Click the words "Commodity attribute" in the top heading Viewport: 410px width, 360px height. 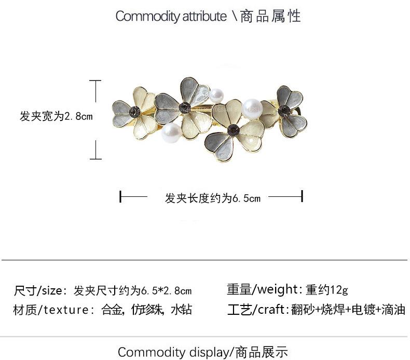point(171,16)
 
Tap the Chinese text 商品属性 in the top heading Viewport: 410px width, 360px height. point(270,16)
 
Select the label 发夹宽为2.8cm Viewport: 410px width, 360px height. point(56,116)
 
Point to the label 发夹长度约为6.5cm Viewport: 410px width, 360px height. point(212,198)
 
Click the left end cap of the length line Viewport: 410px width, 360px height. point(120,197)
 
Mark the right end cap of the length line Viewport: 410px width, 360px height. point(302,197)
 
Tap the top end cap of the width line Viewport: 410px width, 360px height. point(95,81)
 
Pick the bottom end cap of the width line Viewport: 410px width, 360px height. point(95,158)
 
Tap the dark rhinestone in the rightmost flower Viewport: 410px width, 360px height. point(284,110)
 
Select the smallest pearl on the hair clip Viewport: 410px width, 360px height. point(216,95)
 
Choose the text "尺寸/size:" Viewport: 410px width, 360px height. point(41,290)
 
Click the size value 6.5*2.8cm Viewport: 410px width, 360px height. point(166,290)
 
